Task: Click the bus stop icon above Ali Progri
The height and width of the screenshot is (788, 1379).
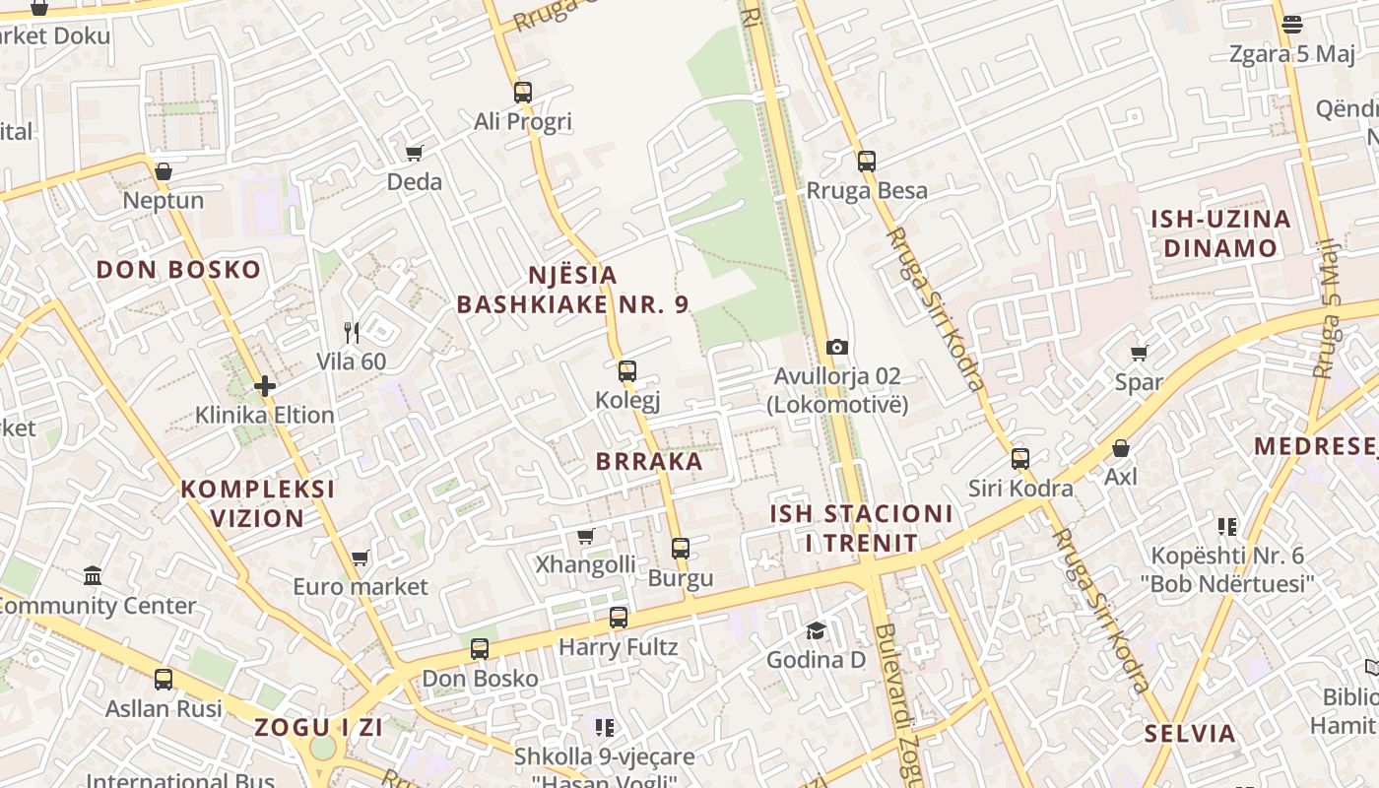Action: (523, 93)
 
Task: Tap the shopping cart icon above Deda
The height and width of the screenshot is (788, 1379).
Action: (415, 153)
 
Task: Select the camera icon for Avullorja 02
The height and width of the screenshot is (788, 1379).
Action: (837, 347)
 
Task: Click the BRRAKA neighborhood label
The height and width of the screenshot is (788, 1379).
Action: (649, 461)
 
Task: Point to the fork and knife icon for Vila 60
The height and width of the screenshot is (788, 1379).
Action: (352, 333)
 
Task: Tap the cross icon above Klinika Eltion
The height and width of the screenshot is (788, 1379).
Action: (264, 386)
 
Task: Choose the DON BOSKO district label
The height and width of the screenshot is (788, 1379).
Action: (178, 270)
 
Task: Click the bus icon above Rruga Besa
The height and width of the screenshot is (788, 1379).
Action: (867, 161)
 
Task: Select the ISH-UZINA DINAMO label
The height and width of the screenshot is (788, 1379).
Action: (1220, 233)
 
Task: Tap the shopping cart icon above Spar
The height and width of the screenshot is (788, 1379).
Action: (1140, 353)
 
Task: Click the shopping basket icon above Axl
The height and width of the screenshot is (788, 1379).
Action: (1121, 448)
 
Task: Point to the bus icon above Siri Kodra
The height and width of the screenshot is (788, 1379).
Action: (1020, 458)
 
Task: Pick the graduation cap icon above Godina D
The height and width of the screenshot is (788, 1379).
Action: (816, 630)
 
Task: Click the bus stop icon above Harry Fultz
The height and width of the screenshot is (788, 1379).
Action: (619, 618)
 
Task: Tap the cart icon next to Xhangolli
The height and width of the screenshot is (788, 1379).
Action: (586, 536)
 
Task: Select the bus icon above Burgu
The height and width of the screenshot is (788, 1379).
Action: (681, 549)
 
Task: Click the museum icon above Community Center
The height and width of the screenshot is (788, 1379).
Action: (93, 575)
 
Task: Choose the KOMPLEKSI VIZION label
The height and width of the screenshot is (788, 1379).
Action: (257, 503)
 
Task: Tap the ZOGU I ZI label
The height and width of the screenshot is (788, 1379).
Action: (318, 728)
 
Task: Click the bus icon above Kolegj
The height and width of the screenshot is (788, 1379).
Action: (627, 371)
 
